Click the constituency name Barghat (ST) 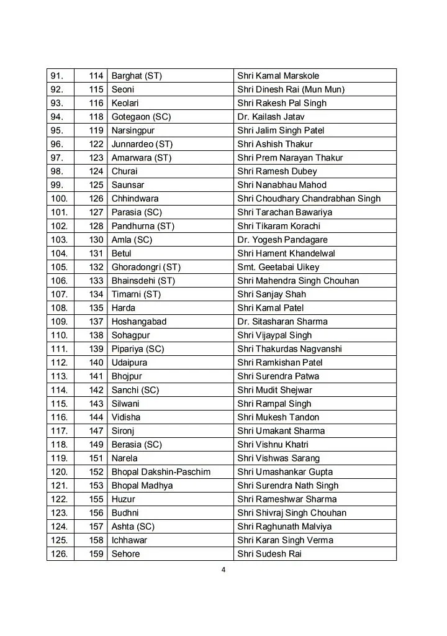(x=137, y=76)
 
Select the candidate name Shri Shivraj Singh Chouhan (x=292, y=513)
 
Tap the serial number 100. (x=59, y=199)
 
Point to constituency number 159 (x=96, y=554)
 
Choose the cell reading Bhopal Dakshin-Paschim (x=161, y=472)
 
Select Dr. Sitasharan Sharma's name (x=282, y=322)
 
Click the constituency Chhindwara (x=135, y=199)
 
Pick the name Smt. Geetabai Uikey (x=278, y=267)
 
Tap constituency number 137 (x=96, y=322)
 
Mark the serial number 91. (x=57, y=76)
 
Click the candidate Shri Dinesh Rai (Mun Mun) (x=291, y=89)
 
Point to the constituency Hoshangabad (x=139, y=322)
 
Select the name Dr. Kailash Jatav (x=271, y=117)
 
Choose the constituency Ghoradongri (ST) (x=146, y=267)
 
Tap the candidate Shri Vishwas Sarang (x=279, y=458)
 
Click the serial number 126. (x=59, y=554)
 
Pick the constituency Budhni (x=125, y=513)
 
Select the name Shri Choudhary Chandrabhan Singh (x=309, y=199)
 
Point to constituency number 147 (x=96, y=431)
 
